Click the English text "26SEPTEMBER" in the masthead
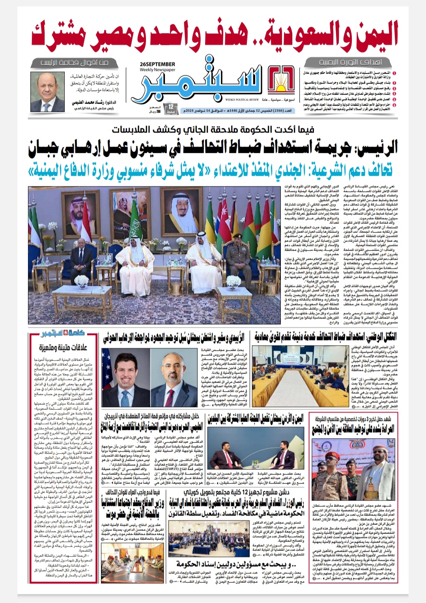(x=157, y=64)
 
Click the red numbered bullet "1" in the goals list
(x=394, y=73)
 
